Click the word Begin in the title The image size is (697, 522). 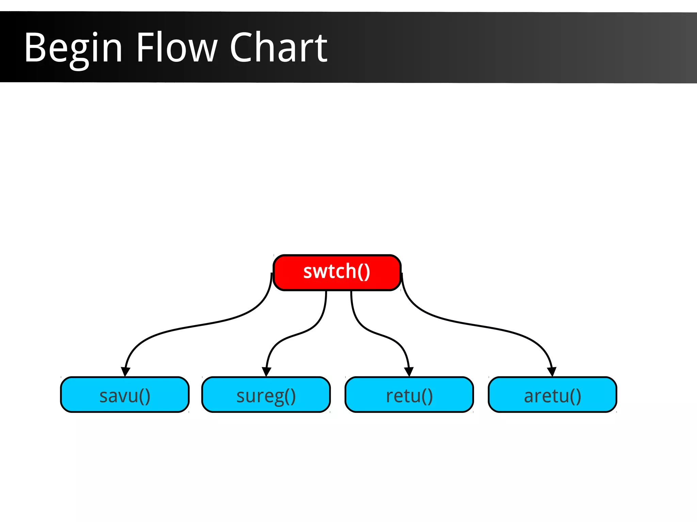(73, 48)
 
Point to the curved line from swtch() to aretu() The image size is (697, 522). (476, 325)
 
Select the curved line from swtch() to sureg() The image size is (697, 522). (299, 333)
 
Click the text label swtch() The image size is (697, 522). (337, 272)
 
